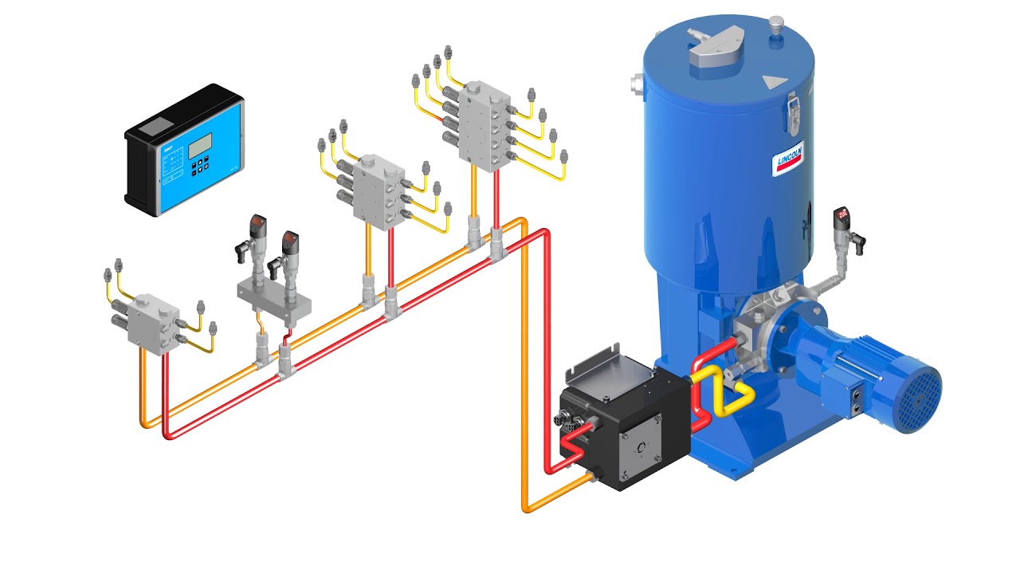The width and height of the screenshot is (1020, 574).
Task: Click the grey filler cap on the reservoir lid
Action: (x=713, y=50)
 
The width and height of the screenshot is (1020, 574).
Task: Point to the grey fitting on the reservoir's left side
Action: (x=637, y=83)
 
